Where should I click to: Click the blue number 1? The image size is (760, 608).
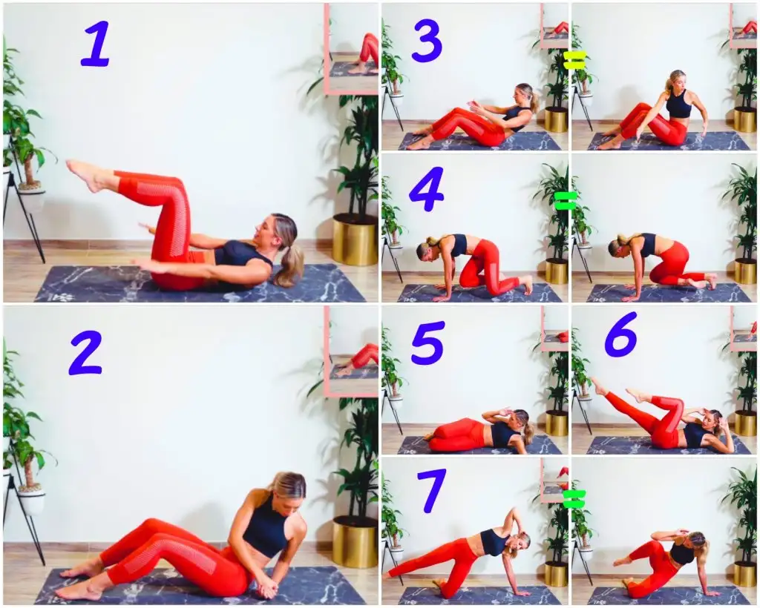[96, 44]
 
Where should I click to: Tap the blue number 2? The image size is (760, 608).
[86, 353]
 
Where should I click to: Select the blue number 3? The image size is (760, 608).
[427, 40]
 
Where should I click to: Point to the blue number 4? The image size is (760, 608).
[427, 189]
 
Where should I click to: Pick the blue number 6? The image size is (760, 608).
[621, 334]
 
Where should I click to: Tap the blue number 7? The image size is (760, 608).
[432, 491]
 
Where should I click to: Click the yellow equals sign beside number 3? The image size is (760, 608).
[575, 61]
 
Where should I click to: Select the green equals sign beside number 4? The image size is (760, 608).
[566, 201]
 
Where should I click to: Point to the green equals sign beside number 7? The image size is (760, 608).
[574, 500]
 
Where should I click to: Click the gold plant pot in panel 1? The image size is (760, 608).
[356, 240]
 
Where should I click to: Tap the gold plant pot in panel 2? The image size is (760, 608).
[356, 542]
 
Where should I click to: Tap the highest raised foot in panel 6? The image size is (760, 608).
[599, 386]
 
